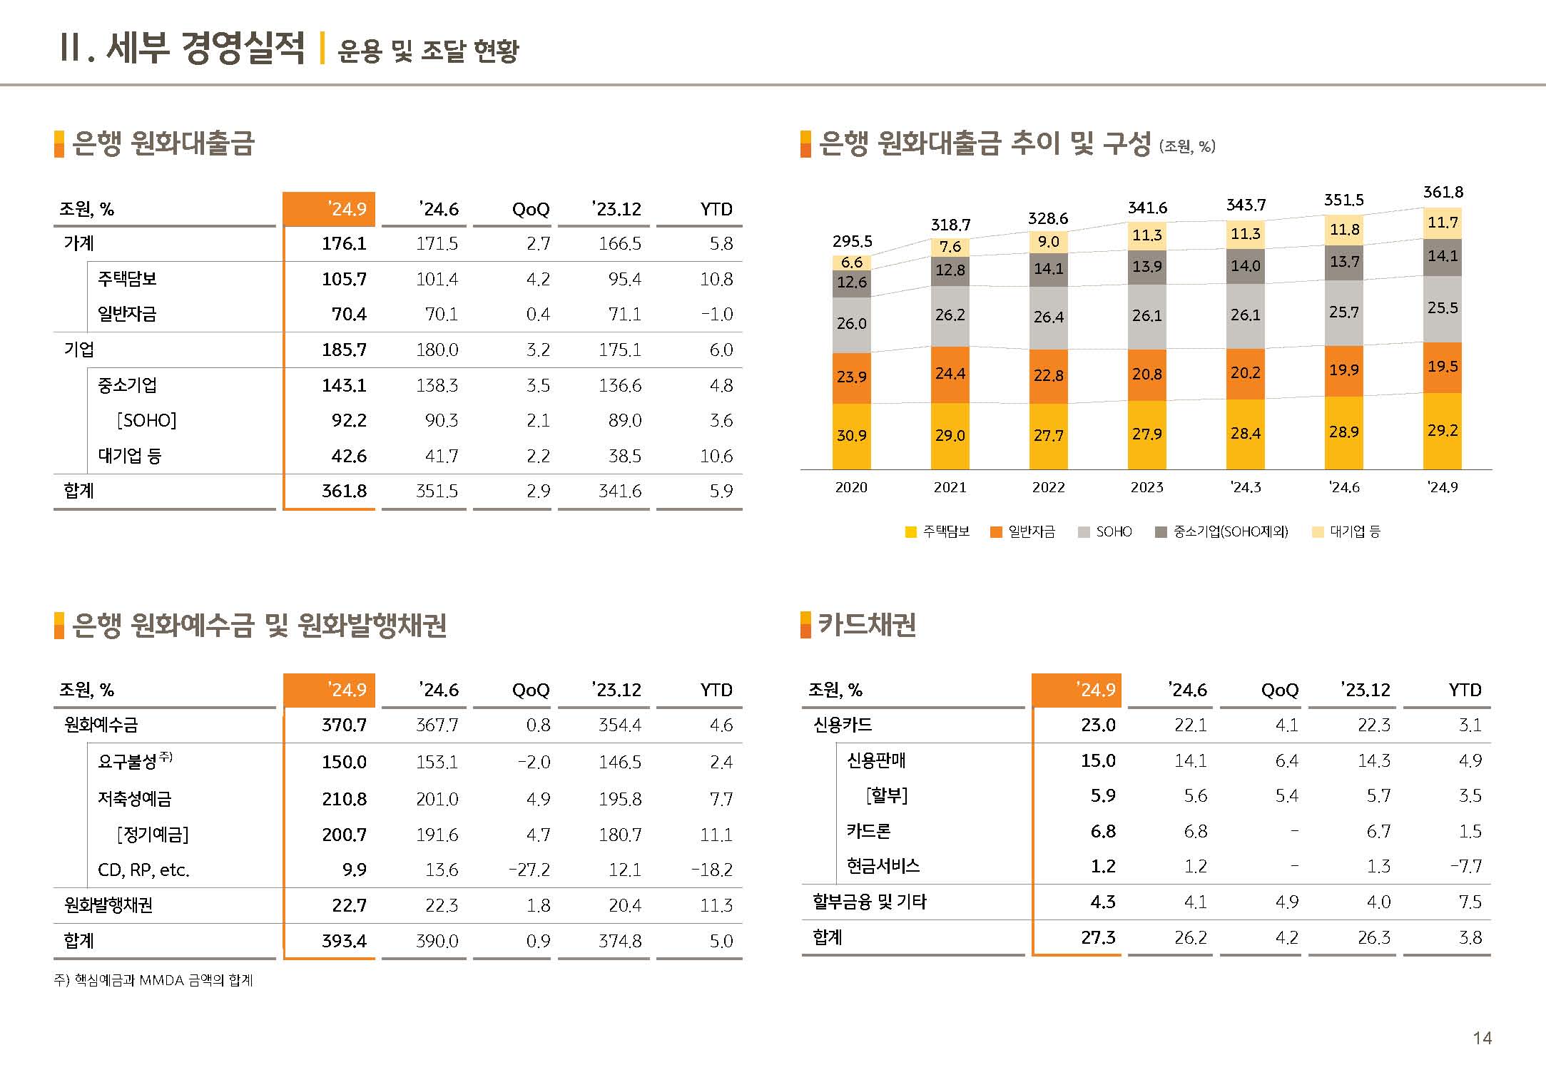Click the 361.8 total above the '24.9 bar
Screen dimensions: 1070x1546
tap(1443, 193)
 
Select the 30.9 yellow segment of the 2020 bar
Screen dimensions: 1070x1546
tap(851, 436)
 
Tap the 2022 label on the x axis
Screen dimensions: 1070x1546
tap(1048, 488)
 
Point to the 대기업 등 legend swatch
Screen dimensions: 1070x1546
tap(1318, 532)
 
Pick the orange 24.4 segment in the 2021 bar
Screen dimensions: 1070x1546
tap(950, 374)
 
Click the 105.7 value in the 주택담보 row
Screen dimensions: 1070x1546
tap(344, 280)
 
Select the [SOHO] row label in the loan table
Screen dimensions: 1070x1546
tap(147, 421)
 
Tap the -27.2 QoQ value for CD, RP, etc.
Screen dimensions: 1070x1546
tap(529, 870)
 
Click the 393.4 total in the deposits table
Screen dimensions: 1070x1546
tap(344, 942)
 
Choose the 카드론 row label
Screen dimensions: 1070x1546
tap(868, 832)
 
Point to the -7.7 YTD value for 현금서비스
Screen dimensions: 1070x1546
tap(1465, 867)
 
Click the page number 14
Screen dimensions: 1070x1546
tap(1482, 1039)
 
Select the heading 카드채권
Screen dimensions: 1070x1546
tap(867, 625)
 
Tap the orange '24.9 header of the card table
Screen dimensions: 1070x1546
tap(1077, 691)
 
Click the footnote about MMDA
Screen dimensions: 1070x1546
tap(153, 981)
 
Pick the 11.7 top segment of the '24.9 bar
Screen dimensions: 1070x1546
tap(1443, 223)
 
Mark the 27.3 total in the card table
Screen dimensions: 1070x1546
tap(1098, 938)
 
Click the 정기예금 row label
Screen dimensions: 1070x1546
tap(153, 835)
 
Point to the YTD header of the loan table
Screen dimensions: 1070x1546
tap(716, 210)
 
